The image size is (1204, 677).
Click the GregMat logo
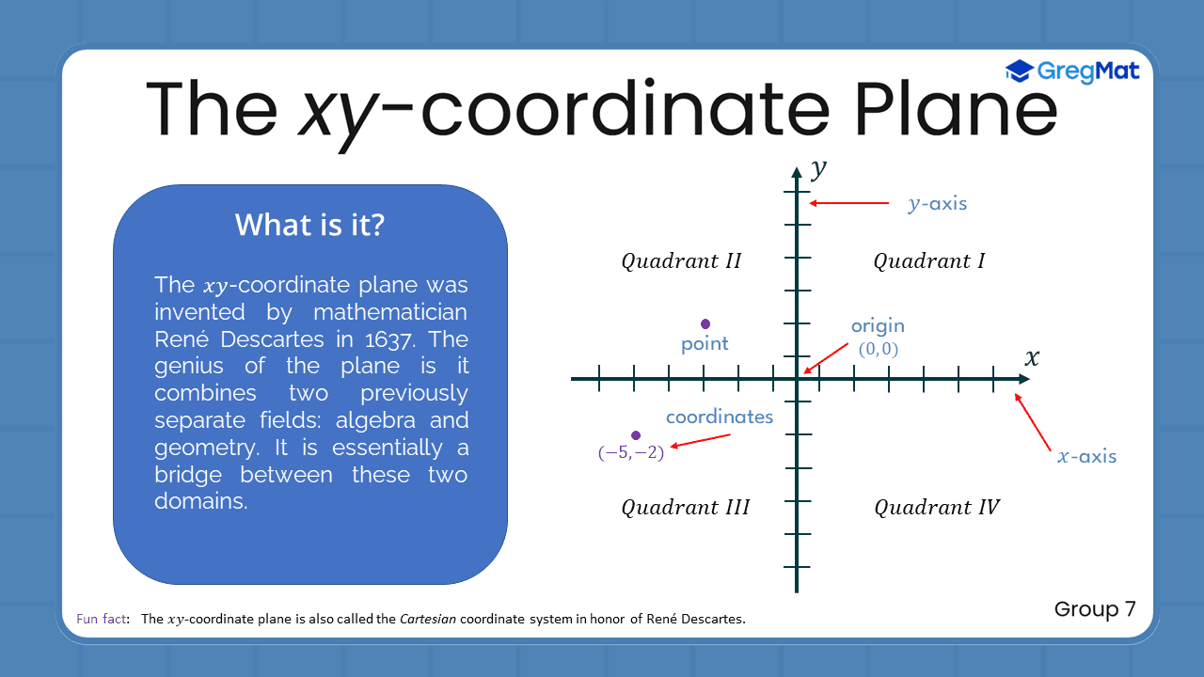click(1072, 71)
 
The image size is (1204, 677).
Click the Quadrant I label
click(928, 261)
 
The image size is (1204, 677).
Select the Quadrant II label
click(681, 261)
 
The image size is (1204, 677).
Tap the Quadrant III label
click(685, 508)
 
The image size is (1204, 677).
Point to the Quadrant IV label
click(936, 508)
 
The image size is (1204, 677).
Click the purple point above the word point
click(705, 324)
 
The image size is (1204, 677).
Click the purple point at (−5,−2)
click(636, 435)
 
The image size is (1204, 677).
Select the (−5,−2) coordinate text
click(631, 453)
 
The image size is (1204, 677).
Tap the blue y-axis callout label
click(937, 203)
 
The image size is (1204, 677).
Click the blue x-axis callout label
click(1086, 457)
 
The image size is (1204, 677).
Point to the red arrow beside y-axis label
click(848, 203)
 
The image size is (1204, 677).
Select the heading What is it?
click(309, 226)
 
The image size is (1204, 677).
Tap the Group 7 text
click(1095, 609)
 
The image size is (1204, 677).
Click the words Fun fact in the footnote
click(102, 619)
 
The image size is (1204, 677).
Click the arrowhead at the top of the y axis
click(797, 171)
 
